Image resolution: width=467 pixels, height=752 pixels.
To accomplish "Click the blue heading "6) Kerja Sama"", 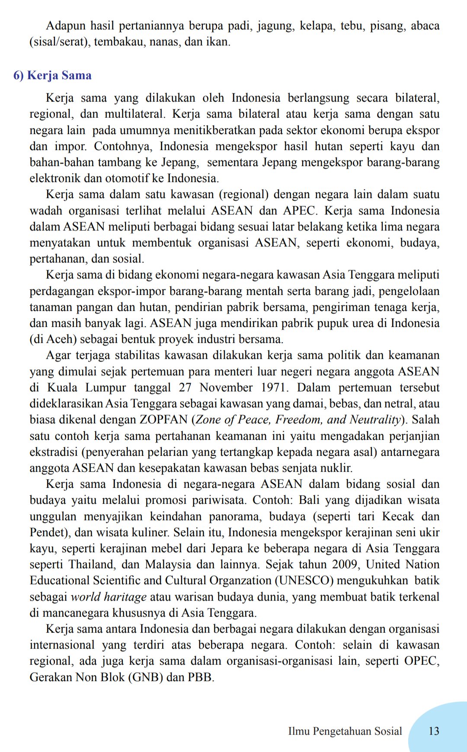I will [x=52, y=76].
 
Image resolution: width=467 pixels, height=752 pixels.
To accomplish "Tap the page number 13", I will [x=434, y=731].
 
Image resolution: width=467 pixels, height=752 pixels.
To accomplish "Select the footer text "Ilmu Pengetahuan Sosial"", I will [x=345, y=731].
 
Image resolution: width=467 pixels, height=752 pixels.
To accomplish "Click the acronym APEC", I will [x=299, y=211].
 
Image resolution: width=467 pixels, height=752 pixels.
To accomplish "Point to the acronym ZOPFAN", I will [x=163, y=420].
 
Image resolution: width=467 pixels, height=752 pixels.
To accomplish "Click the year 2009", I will [x=345, y=565].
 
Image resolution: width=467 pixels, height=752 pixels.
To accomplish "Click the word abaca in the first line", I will [x=425, y=26].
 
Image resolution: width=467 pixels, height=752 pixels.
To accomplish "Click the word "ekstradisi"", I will [x=54, y=452].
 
